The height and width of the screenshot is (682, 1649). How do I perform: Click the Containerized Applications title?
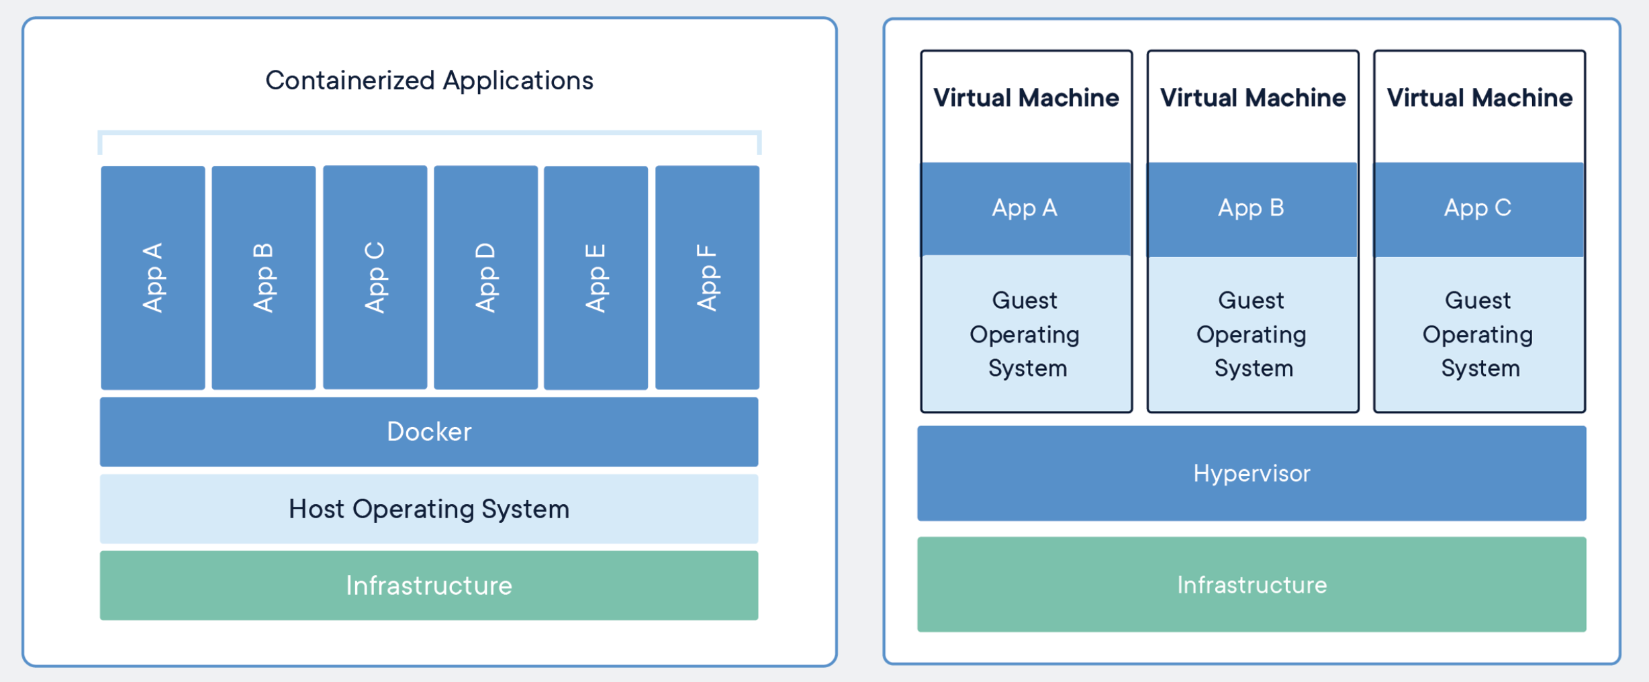pyautogui.click(x=429, y=81)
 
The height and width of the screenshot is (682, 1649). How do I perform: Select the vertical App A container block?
pyautogui.click(x=153, y=277)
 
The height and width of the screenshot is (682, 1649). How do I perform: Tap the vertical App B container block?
pyautogui.click(x=264, y=277)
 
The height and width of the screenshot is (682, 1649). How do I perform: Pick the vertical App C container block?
pyautogui.click(x=375, y=277)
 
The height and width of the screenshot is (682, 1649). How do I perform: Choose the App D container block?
pyautogui.click(x=485, y=277)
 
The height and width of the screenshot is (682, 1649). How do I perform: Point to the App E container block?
pyautogui.click(x=596, y=277)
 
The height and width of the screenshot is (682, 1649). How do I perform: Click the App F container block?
pyautogui.click(x=707, y=277)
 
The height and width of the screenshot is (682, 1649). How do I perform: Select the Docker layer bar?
pyautogui.click(x=429, y=432)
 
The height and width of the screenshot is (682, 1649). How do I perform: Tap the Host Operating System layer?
pyautogui.click(x=429, y=509)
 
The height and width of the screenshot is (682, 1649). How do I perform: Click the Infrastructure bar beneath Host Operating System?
pyautogui.click(x=429, y=585)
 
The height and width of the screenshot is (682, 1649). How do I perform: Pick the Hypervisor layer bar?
pyautogui.click(x=1252, y=473)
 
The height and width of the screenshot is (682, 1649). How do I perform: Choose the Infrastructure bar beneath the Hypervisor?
pyautogui.click(x=1252, y=584)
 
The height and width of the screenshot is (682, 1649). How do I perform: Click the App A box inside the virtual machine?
pyautogui.click(x=1026, y=209)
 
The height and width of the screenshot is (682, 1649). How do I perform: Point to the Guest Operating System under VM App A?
pyautogui.click(x=1026, y=334)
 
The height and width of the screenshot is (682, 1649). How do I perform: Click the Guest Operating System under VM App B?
pyautogui.click(x=1252, y=334)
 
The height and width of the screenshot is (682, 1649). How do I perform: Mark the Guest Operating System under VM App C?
pyautogui.click(x=1479, y=334)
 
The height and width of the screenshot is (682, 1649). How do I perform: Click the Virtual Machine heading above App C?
pyautogui.click(x=1479, y=98)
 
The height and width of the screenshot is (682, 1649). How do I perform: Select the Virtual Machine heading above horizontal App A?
pyautogui.click(x=1026, y=98)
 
